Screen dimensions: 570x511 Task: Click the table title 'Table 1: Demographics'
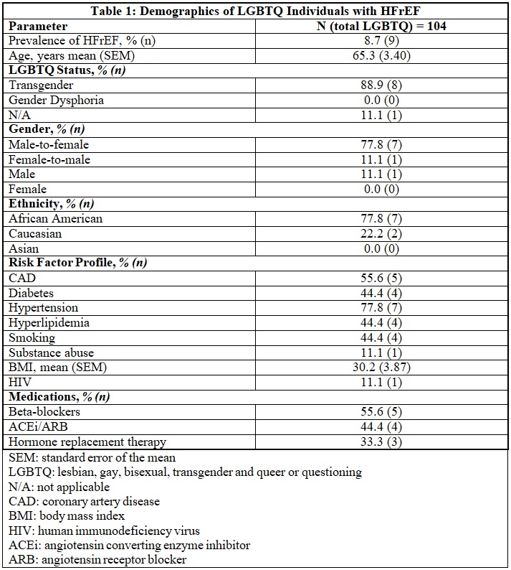coord(256,11)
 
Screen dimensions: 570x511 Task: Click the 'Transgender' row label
coord(41,85)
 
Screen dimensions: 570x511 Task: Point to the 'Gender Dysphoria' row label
coord(56,100)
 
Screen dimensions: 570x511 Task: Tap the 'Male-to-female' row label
coord(49,144)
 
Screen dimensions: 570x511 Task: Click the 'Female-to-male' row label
coord(49,159)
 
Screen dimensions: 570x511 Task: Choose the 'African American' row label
coord(55,218)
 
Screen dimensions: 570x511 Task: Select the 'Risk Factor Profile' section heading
coord(77,263)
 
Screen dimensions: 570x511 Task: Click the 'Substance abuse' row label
coord(51,352)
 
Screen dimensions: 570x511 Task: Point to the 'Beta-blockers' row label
coord(44,412)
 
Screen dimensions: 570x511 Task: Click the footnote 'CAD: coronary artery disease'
coord(84,501)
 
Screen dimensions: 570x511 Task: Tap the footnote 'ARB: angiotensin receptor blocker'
coord(97,559)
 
